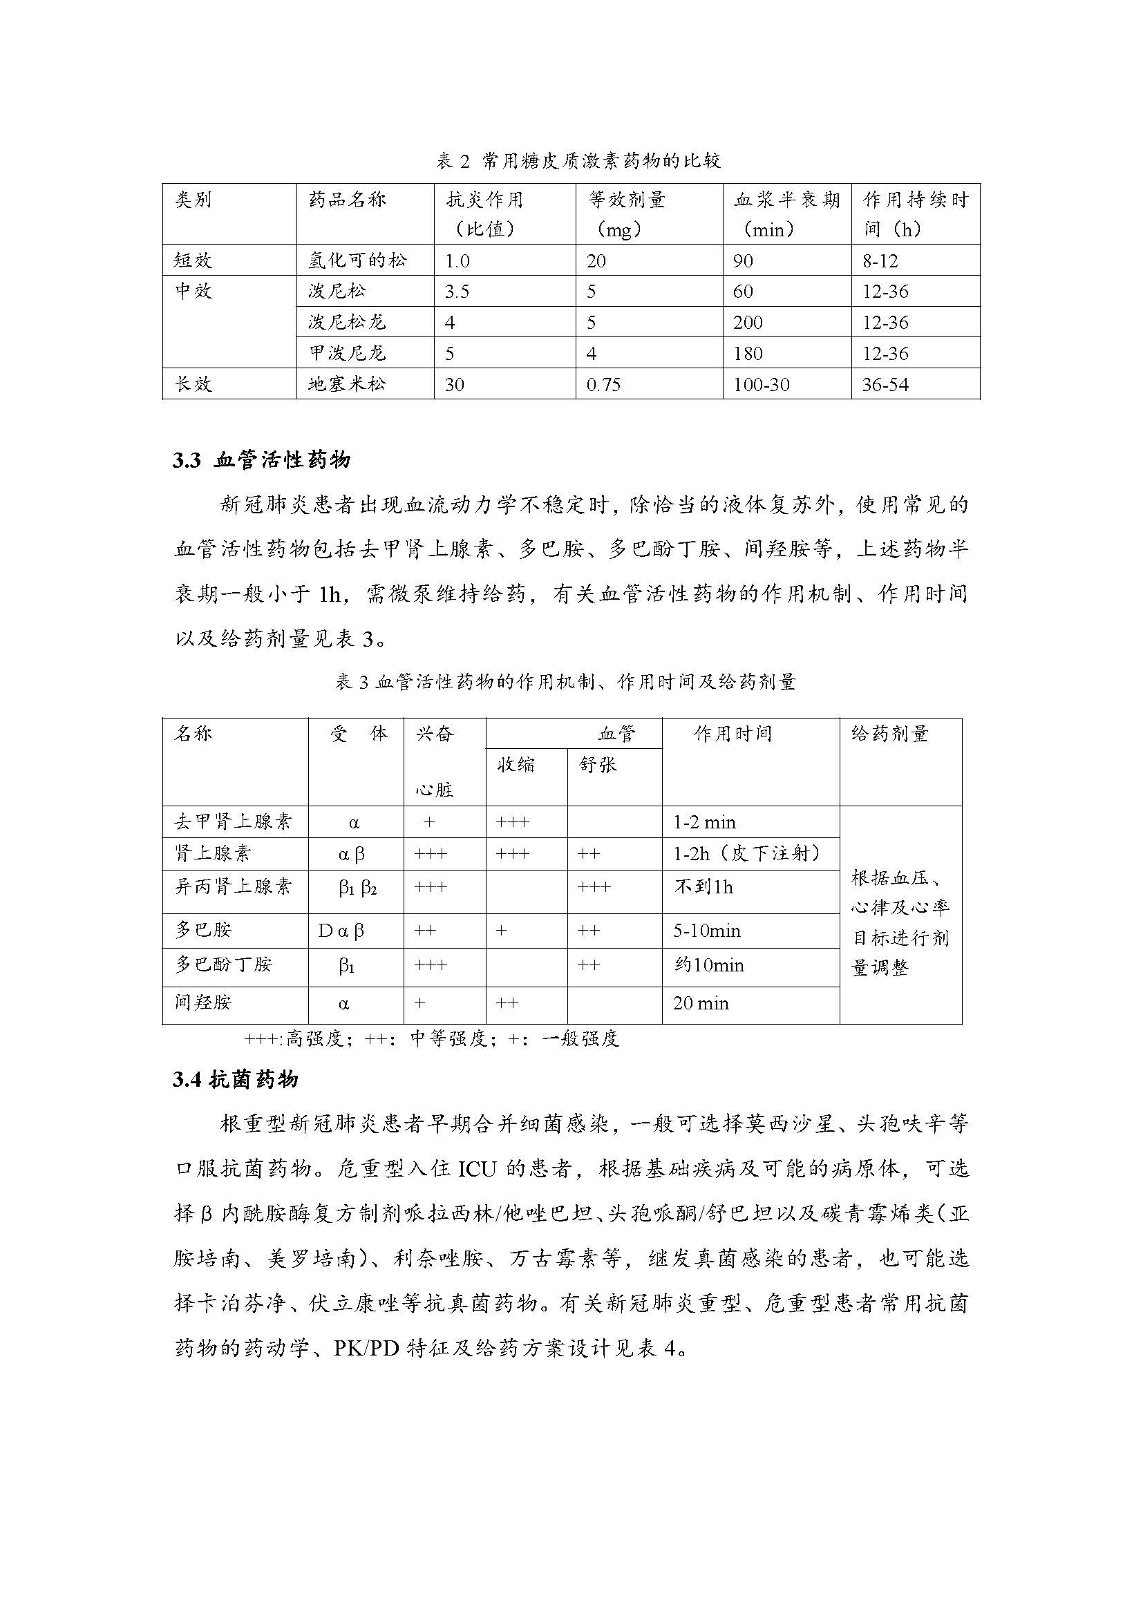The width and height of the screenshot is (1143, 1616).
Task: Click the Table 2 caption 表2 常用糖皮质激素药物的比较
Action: (578, 161)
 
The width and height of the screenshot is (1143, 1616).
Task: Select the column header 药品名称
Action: (347, 200)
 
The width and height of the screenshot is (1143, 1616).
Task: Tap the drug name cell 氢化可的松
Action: (357, 260)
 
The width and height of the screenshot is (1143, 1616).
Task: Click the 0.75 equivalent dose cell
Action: (604, 384)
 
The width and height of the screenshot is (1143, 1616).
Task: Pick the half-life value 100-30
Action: (762, 384)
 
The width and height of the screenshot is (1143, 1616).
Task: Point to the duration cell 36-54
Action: (885, 384)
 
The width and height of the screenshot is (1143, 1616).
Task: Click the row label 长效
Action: (193, 384)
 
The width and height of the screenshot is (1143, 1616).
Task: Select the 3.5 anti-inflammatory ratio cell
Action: (457, 292)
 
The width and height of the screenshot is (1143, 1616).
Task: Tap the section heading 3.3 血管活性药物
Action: (261, 460)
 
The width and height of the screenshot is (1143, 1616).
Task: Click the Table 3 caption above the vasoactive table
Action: (565, 682)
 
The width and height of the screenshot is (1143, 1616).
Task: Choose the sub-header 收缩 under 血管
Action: (517, 764)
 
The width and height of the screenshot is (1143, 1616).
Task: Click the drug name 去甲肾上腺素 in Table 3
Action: (233, 822)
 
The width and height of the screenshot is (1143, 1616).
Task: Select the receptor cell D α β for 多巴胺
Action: (341, 931)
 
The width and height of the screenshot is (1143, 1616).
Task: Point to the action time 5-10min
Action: (707, 931)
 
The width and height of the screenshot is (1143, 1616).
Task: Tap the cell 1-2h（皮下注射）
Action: (748, 854)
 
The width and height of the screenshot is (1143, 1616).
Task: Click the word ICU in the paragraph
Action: (478, 1168)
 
